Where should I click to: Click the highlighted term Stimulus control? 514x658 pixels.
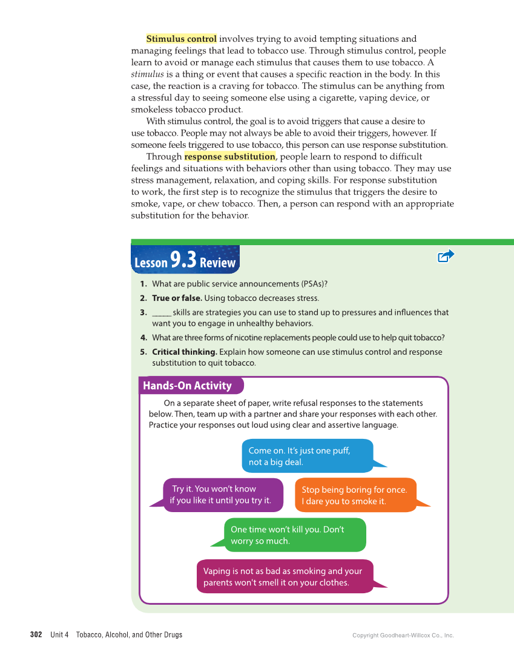[181, 39]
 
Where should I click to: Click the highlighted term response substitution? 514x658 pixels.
[229, 157]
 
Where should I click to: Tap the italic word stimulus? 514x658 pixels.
[148, 74]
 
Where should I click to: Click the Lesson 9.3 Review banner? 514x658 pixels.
[185, 260]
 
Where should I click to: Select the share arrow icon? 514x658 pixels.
[446, 256]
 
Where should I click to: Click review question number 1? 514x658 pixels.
[143, 284]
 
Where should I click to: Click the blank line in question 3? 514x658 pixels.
[162, 313]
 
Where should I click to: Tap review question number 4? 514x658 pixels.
[143, 338]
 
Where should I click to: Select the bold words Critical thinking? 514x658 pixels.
[184, 352]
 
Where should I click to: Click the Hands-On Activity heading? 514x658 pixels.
[187, 386]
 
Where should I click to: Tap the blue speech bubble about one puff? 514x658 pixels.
[307, 456]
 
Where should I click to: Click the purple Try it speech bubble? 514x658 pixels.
[222, 495]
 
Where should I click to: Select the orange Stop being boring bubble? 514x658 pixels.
[355, 495]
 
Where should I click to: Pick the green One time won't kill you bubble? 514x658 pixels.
[294, 535]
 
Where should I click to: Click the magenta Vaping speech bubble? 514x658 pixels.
[285, 577]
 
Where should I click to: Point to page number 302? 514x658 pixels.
[36, 635]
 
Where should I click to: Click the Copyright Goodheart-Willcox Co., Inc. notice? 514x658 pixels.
[403, 636]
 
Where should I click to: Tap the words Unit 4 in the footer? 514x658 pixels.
[59, 635]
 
